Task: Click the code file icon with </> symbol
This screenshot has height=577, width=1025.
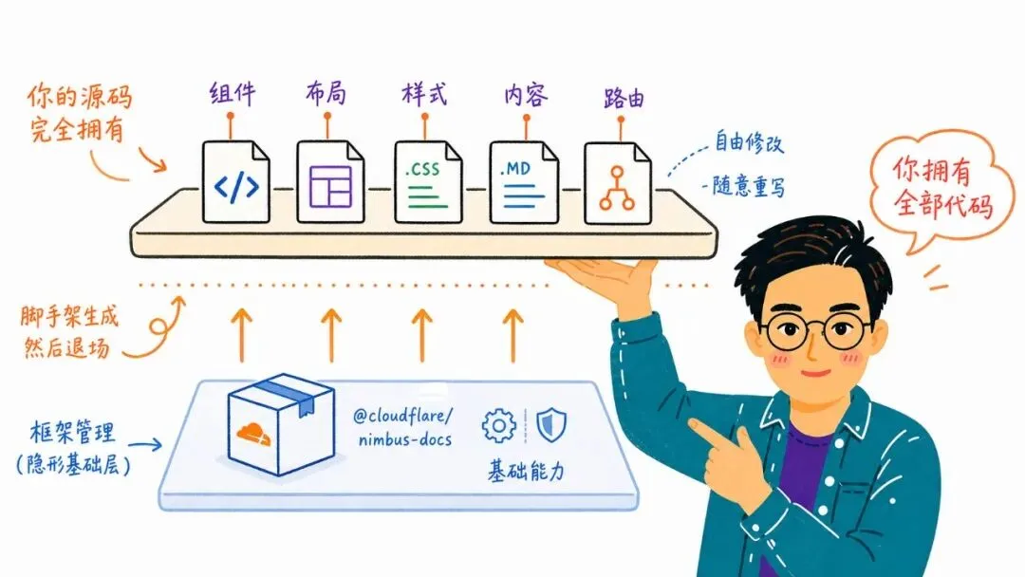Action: pyautogui.click(x=236, y=182)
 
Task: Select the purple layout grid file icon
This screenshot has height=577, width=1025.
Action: pyautogui.click(x=330, y=182)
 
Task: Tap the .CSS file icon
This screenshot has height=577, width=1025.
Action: pyautogui.click(x=427, y=182)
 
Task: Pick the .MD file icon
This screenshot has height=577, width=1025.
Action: pyautogui.click(x=524, y=182)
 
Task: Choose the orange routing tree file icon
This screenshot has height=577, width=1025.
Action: pyautogui.click(x=617, y=183)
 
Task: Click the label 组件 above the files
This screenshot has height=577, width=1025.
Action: pyautogui.click(x=233, y=94)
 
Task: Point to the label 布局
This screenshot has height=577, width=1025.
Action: pyautogui.click(x=326, y=94)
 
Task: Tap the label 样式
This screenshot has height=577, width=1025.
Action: pyautogui.click(x=424, y=94)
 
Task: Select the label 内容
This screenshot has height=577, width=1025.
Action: pyautogui.click(x=526, y=96)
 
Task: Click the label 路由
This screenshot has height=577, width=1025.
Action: pyautogui.click(x=624, y=98)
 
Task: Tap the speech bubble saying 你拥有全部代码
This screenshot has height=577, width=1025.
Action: pyautogui.click(x=941, y=190)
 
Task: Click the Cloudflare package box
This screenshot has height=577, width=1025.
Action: pyautogui.click(x=281, y=424)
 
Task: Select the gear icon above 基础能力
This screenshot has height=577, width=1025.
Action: pyautogui.click(x=499, y=426)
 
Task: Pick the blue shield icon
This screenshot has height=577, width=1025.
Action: pyautogui.click(x=551, y=425)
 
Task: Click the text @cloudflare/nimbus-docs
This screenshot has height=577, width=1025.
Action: pyautogui.click(x=403, y=427)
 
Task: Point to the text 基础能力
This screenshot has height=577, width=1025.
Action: pyautogui.click(x=526, y=471)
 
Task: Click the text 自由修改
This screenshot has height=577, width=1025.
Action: pyautogui.click(x=749, y=141)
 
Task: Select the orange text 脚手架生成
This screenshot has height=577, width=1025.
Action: pyautogui.click(x=69, y=317)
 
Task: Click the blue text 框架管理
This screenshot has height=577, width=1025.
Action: pyautogui.click(x=72, y=433)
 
